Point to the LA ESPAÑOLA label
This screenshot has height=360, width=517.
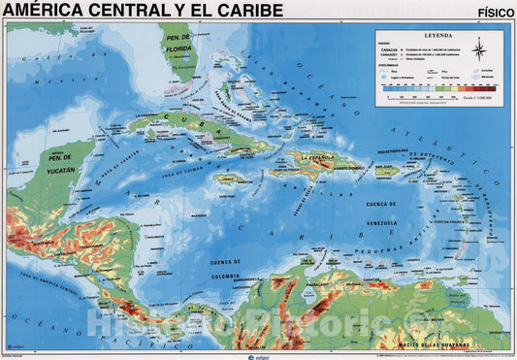[323, 157]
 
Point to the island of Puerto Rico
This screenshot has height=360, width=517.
[387, 171]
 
